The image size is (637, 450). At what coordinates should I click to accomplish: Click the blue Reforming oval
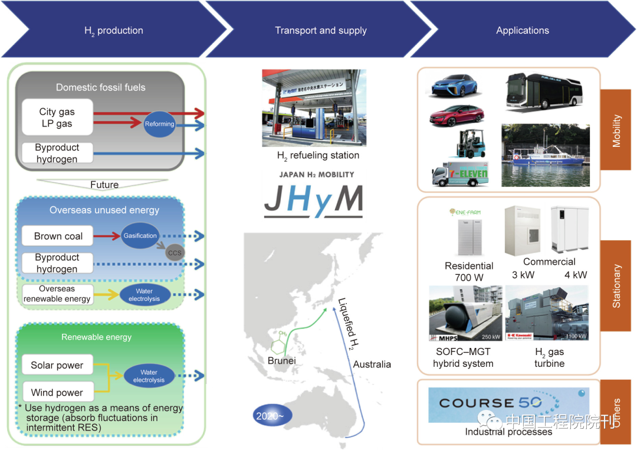[x=160, y=124]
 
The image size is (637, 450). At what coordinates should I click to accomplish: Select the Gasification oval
[x=140, y=235]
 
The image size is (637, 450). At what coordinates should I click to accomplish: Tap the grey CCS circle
[x=175, y=253]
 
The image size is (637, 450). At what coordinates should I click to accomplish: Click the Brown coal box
[x=58, y=236]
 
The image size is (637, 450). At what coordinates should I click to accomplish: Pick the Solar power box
[x=57, y=365]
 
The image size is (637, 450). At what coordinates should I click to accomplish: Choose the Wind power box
[x=57, y=392]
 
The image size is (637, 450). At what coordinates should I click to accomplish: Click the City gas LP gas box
[x=57, y=117]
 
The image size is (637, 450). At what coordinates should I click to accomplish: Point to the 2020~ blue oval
[x=272, y=416]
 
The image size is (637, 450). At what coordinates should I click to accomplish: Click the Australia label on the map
[x=372, y=364]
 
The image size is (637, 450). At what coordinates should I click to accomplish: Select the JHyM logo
[x=313, y=200]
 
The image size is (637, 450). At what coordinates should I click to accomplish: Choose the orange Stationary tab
[x=616, y=285]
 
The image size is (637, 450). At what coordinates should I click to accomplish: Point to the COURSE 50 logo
[x=492, y=404]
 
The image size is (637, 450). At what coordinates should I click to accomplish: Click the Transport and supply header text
[x=321, y=31]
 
